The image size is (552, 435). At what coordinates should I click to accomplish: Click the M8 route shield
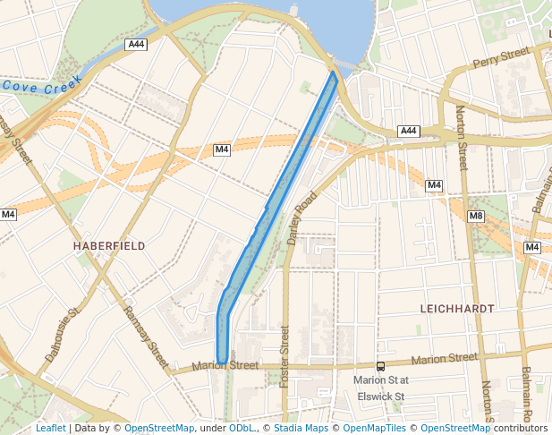(x=476, y=216)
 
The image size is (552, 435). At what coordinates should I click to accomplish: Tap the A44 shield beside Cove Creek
(x=136, y=44)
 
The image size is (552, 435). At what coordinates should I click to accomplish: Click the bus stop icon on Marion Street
(x=380, y=365)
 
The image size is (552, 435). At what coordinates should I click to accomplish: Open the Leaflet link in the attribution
(x=50, y=428)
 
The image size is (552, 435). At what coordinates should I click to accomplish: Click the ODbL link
(x=242, y=428)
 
